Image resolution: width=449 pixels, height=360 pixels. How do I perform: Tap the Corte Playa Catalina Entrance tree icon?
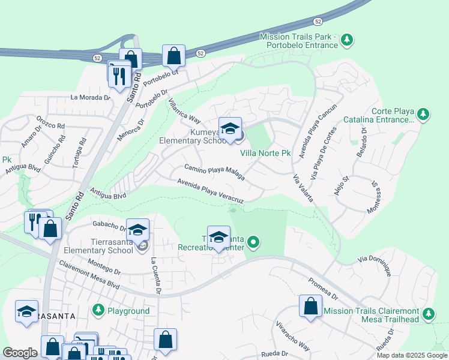tap(423, 114)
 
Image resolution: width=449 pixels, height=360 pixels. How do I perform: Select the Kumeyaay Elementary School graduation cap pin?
tap(229, 129)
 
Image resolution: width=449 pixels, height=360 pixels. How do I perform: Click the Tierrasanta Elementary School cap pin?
tap(137, 230)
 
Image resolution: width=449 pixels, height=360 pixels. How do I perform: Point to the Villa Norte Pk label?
tap(265, 154)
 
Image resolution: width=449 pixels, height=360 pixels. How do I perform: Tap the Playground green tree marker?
tap(98, 310)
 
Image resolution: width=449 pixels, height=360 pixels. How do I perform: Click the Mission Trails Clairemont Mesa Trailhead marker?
tap(429, 314)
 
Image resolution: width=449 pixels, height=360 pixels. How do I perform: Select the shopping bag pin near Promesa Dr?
tap(310, 306)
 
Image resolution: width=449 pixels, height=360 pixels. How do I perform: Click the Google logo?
tap(20, 353)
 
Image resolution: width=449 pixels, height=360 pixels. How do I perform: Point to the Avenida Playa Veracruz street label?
tap(210, 191)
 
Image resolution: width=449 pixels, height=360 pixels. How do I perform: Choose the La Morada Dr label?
tap(91, 97)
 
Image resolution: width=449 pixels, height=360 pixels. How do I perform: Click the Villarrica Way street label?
tap(184, 111)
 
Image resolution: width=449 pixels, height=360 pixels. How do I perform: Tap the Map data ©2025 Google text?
tap(412, 355)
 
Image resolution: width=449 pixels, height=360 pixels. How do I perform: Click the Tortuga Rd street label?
tap(79, 153)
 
